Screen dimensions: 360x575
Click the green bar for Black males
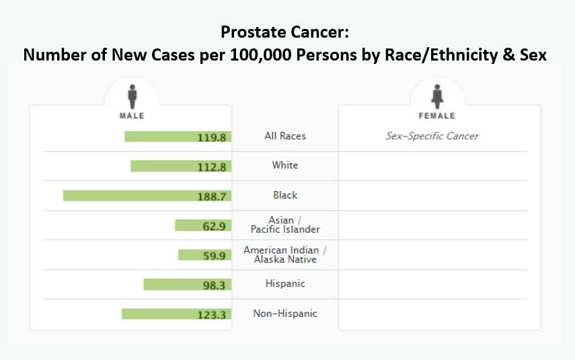[x=128, y=195]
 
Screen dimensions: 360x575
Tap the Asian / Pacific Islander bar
[x=185, y=225]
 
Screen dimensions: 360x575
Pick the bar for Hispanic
[x=168, y=284]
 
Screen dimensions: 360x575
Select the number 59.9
[x=214, y=255]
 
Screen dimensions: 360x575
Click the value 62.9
[x=214, y=225]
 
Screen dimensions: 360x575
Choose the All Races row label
[x=285, y=136]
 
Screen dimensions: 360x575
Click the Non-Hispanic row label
[x=285, y=314]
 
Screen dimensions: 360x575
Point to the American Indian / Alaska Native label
[x=285, y=254]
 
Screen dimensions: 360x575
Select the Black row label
[x=285, y=195]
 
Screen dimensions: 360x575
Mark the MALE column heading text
[x=132, y=116]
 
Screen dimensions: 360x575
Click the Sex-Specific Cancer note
[x=432, y=136]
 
